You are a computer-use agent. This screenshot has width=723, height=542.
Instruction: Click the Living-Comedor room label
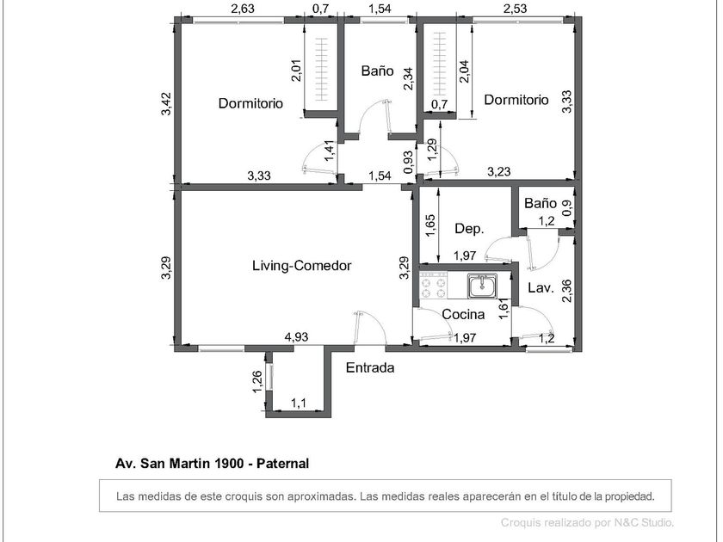(301, 266)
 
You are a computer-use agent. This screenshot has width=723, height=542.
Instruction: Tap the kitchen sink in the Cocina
(482, 286)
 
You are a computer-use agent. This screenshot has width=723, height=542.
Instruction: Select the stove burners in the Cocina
(434, 286)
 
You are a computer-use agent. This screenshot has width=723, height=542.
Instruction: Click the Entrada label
(370, 368)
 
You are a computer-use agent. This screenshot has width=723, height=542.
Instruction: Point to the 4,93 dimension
(296, 337)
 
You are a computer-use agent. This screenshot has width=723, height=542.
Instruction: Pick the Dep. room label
(469, 229)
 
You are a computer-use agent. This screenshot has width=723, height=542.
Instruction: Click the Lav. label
(541, 288)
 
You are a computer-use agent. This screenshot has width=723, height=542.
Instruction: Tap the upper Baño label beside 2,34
(377, 71)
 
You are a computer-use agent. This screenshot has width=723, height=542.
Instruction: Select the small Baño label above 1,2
(541, 203)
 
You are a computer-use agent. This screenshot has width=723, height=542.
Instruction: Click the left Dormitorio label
(250, 103)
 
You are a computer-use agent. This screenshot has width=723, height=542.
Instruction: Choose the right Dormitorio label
(516, 100)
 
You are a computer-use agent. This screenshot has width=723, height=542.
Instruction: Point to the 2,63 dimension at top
(243, 9)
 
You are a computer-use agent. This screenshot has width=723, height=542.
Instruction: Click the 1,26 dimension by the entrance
(257, 382)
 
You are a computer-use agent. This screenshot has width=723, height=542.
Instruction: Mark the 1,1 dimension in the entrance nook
(299, 403)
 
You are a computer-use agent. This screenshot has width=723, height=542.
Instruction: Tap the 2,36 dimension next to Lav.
(567, 291)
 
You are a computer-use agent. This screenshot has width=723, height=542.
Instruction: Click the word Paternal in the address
(282, 464)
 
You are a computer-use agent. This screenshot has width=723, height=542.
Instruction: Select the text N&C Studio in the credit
(644, 523)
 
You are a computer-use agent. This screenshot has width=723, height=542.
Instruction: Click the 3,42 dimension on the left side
(166, 104)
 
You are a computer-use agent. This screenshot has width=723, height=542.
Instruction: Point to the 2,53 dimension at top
(515, 9)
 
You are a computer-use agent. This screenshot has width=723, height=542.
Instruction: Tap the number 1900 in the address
(229, 464)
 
